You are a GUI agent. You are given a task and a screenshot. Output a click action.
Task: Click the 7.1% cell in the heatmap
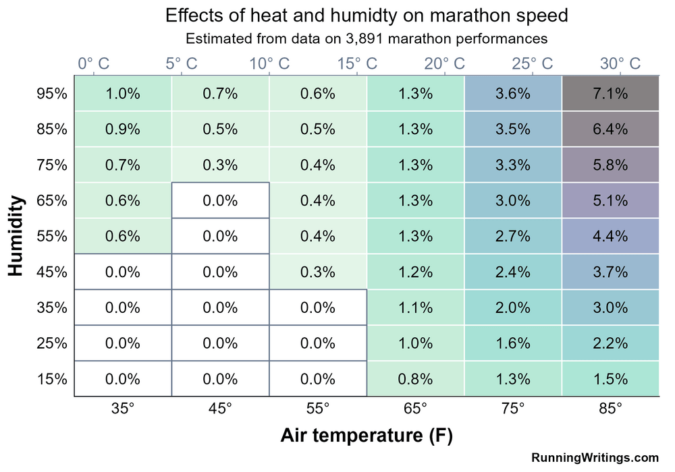point(610,94)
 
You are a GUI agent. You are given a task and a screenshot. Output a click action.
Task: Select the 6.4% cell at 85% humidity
point(610,129)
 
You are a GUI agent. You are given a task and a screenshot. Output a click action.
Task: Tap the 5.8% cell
point(610,165)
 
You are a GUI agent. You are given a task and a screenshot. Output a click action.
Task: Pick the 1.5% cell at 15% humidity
point(610,378)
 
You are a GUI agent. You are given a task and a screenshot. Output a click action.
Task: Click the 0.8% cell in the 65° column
point(415,378)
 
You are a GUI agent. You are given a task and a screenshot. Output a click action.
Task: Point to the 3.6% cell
point(512,94)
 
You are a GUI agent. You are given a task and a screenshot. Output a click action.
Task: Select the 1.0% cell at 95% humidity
point(123,94)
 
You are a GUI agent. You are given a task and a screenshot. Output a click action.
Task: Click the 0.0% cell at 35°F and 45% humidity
point(123,272)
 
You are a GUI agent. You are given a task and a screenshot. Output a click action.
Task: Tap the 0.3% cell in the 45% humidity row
point(318,272)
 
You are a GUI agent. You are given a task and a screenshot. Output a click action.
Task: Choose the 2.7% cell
point(512,236)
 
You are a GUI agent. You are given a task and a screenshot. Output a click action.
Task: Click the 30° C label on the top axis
point(620,64)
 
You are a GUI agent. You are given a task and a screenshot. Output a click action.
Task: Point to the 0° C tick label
point(93,64)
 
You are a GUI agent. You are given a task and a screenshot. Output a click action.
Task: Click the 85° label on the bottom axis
point(610,409)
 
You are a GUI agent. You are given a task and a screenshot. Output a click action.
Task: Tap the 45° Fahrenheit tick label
point(220,409)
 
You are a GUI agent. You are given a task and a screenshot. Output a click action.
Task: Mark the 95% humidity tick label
point(52,94)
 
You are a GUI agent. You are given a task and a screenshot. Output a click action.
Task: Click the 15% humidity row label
point(52,378)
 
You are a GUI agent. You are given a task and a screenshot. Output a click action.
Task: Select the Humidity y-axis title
point(18,236)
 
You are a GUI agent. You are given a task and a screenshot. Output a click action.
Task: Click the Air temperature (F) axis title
point(366,436)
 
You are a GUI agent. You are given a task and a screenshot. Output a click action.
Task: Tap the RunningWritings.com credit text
point(595,458)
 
